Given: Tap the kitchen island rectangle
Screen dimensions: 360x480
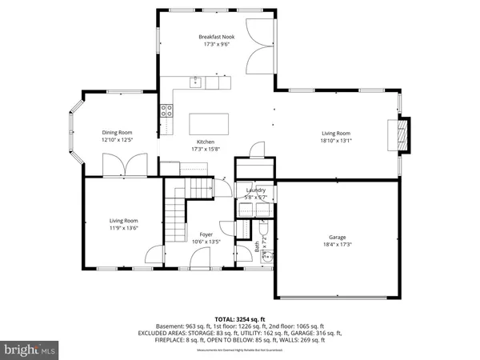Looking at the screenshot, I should click(208, 125).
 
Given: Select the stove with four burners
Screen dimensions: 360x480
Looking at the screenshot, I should click(167, 111).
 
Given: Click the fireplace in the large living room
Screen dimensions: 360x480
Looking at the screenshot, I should click(405, 134).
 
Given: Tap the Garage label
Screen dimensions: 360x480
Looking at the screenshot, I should click(337, 237).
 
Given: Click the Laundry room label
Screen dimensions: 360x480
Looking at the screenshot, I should click(255, 190).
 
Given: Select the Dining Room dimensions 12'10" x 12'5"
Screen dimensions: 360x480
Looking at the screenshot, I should click(117, 140).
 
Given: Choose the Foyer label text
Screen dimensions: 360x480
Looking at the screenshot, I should click(206, 234).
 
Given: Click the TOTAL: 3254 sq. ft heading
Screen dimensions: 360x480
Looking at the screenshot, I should click(240, 318).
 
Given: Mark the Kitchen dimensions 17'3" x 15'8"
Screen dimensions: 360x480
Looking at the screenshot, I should click(206, 149).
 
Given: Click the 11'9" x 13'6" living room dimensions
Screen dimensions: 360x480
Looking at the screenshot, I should click(124, 228).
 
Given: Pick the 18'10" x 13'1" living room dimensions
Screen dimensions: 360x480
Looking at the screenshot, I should click(336, 141).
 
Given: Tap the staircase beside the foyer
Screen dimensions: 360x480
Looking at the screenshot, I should click(176, 213).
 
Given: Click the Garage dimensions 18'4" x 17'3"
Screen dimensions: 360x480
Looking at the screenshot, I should click(337, 245).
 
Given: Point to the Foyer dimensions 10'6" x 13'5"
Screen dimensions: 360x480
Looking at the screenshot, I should click(206, 242).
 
